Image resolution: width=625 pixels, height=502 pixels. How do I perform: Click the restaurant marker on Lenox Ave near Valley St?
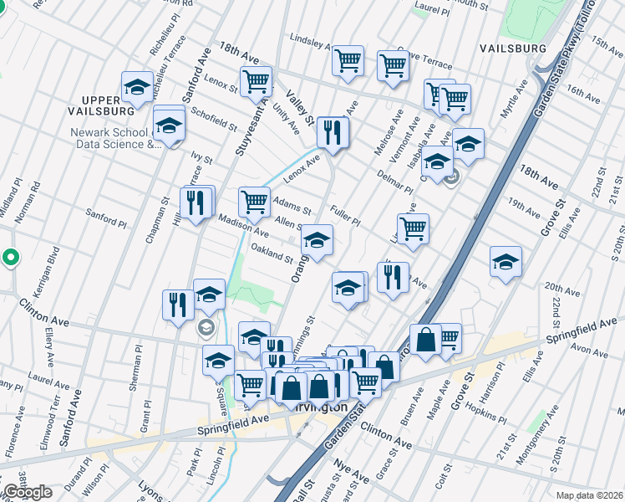(333, 132)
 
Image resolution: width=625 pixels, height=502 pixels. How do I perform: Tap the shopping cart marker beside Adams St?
(255, 202)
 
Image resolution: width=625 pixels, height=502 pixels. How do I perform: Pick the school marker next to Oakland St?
(317, 240)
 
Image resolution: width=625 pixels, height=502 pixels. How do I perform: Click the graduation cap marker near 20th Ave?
(506, 262)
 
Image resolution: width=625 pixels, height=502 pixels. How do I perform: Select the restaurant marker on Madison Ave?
(196, 203)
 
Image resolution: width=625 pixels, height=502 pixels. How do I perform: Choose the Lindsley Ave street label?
(315, 39)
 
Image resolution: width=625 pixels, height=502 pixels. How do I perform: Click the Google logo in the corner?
(28, 492)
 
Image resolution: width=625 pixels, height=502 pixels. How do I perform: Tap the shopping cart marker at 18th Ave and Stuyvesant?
(257, 82)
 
